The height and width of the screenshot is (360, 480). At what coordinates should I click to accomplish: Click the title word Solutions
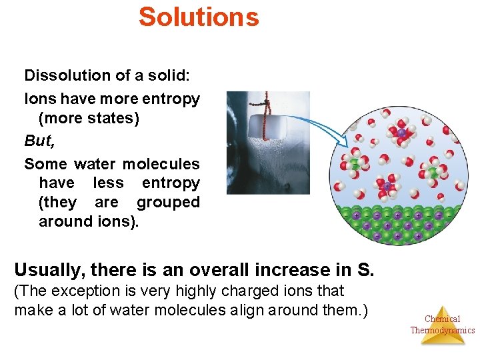pyautogui.click(x=199, y=17)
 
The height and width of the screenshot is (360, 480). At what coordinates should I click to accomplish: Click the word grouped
pyautogui.click(x=168, y=202)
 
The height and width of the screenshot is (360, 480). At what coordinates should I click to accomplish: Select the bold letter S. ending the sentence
pyautogui.click(x=366, y=270)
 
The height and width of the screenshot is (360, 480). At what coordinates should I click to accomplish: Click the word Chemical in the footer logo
pyautogui.click(x=442, y=319)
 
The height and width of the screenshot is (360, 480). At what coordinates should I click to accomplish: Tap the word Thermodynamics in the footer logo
pyautogui.click(x=442, y=330)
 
